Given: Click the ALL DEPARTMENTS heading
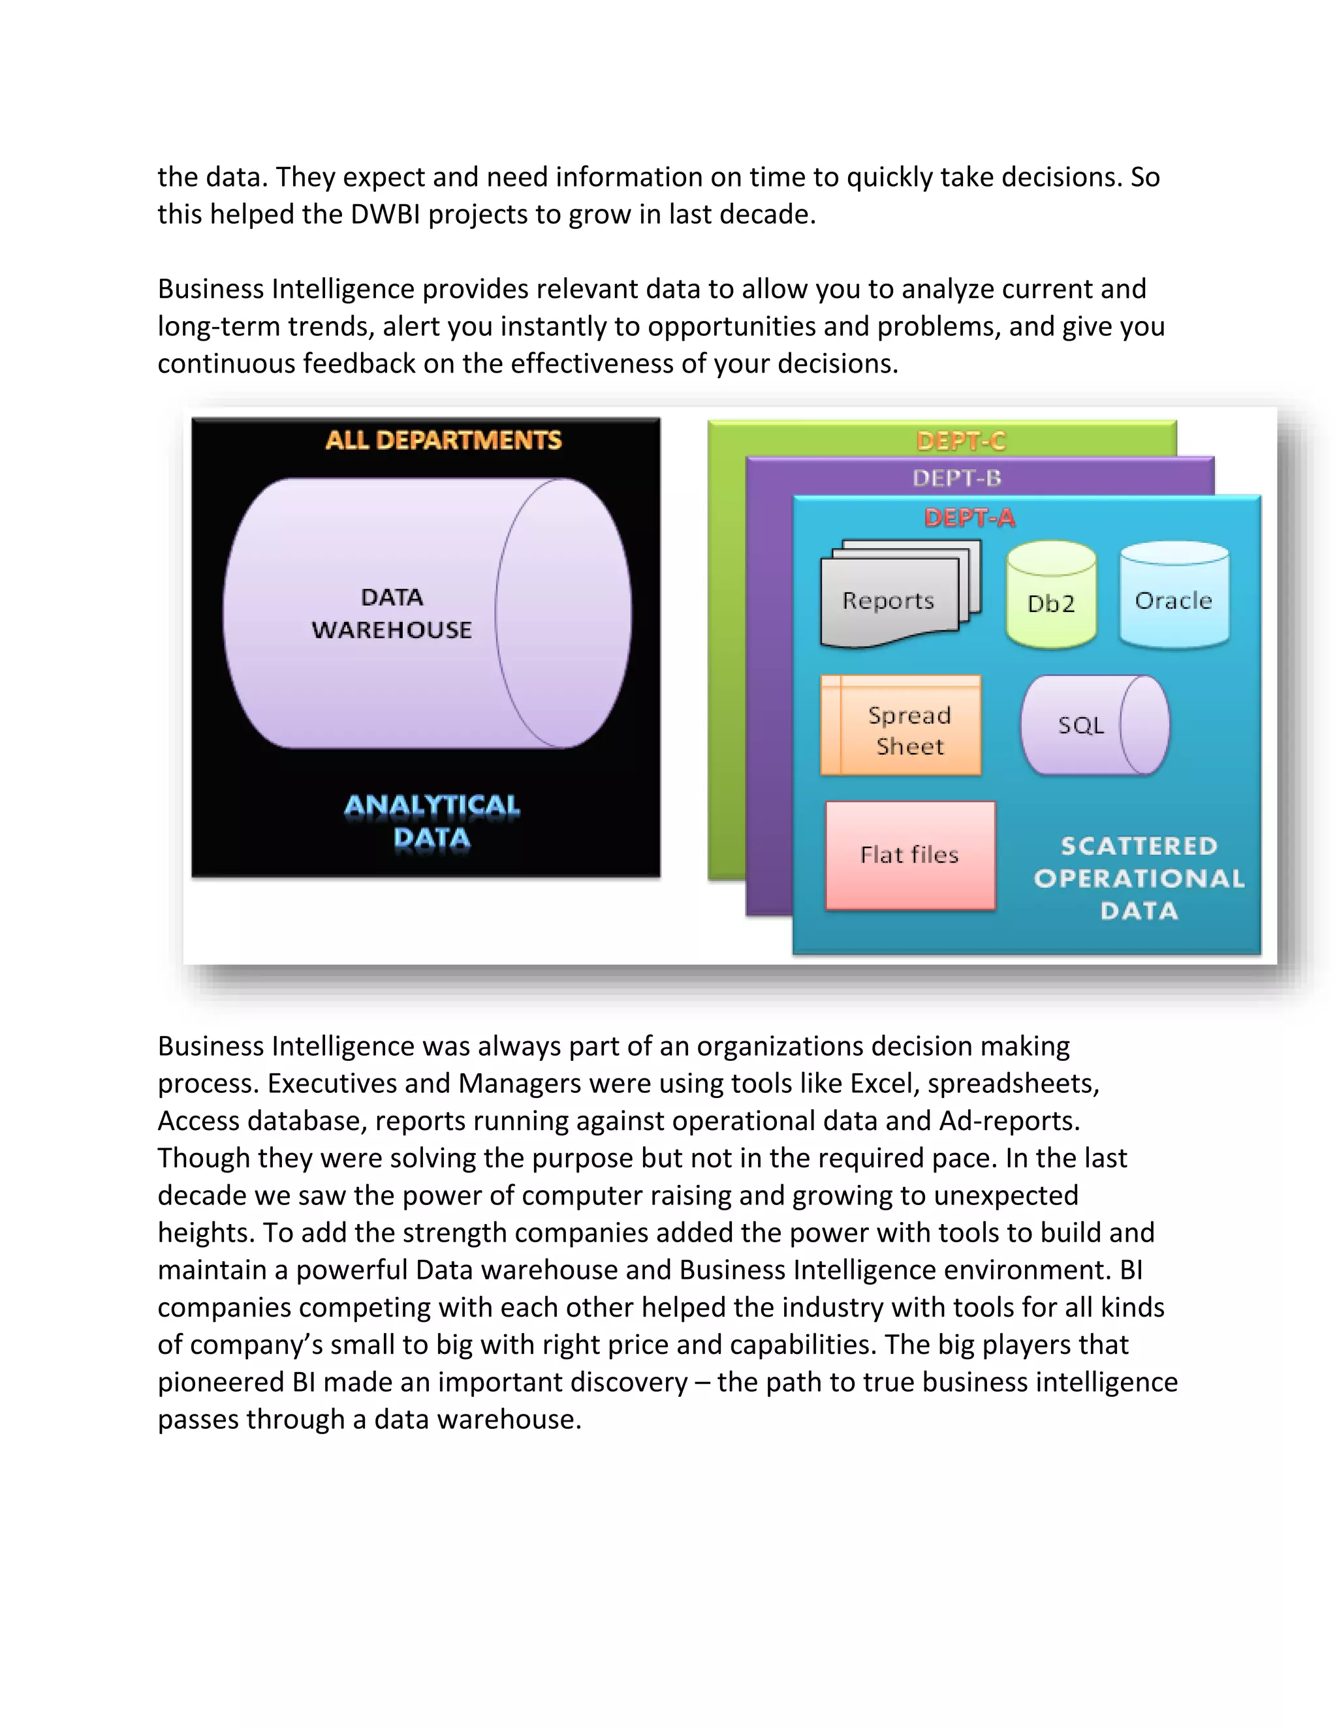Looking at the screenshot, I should coord(443,440).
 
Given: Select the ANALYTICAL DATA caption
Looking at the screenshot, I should coord(432,821).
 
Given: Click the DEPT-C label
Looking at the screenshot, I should coord(961,440).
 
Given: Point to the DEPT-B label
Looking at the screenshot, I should coord(957,478).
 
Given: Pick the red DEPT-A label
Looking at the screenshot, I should coord(969,518).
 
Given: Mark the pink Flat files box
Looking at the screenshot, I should coord(909,855).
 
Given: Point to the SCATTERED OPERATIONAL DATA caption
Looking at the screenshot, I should coord(1139,878).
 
